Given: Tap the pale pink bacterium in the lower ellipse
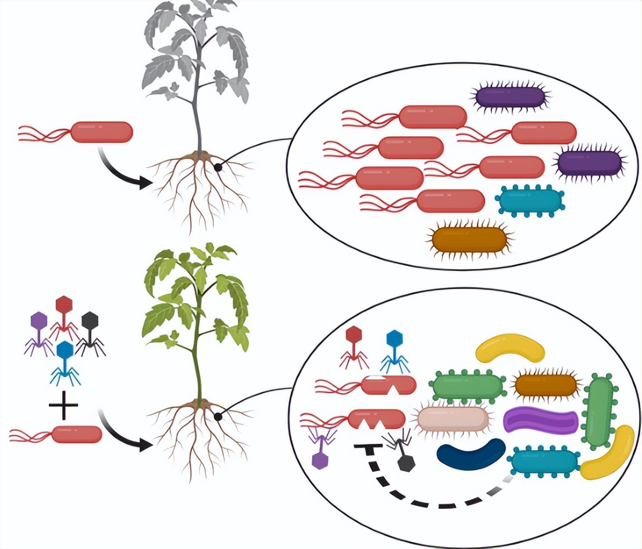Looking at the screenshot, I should (x=452, y=419).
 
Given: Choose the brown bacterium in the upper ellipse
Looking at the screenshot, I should (x=470, y=239).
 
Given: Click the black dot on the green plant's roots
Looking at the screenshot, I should (x=218, y=416).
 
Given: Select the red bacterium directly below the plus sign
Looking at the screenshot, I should (x=77, y=434).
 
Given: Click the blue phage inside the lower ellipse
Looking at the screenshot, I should (x=395, y=350).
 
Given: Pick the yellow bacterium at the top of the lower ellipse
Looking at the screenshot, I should (x=510, y=347).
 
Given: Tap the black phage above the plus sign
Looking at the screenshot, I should (x=90, y=332).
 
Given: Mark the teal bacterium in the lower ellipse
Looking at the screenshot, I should (x=544, y=462).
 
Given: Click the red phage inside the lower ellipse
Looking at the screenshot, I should (x=354, y=346).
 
